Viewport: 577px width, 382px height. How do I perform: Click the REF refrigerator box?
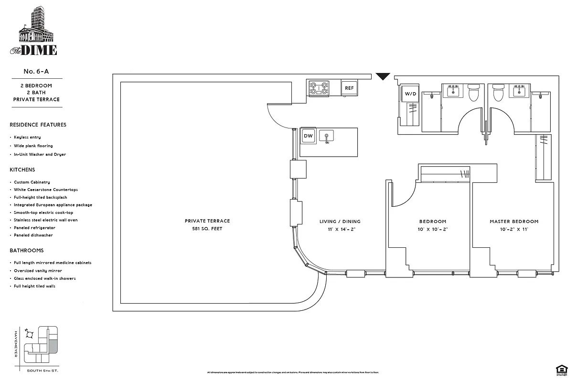[x=349, y=88]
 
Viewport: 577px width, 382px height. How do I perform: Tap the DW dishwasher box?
[x=308, y=136]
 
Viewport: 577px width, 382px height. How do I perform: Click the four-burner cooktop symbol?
[x=319, y=88]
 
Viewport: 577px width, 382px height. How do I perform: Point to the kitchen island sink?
[x=327, y=136]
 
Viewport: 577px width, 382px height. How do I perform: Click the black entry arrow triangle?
[x=383, y=77]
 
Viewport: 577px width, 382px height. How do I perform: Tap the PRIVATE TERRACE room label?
[x=207, y=221]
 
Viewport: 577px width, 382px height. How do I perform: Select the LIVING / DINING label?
[x=340, y=222]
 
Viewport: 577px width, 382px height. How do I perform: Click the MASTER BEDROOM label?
[x=513, y=222]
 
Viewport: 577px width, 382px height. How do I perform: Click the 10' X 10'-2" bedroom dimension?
[x=432, y=229]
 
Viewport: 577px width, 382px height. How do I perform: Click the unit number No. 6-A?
[x=36, y=72]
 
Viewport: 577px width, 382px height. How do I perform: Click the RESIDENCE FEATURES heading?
[x=38, y=125]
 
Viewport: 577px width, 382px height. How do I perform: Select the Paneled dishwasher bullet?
[x=33, y=235]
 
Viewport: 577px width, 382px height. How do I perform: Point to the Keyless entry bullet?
[x=27, y=138]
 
